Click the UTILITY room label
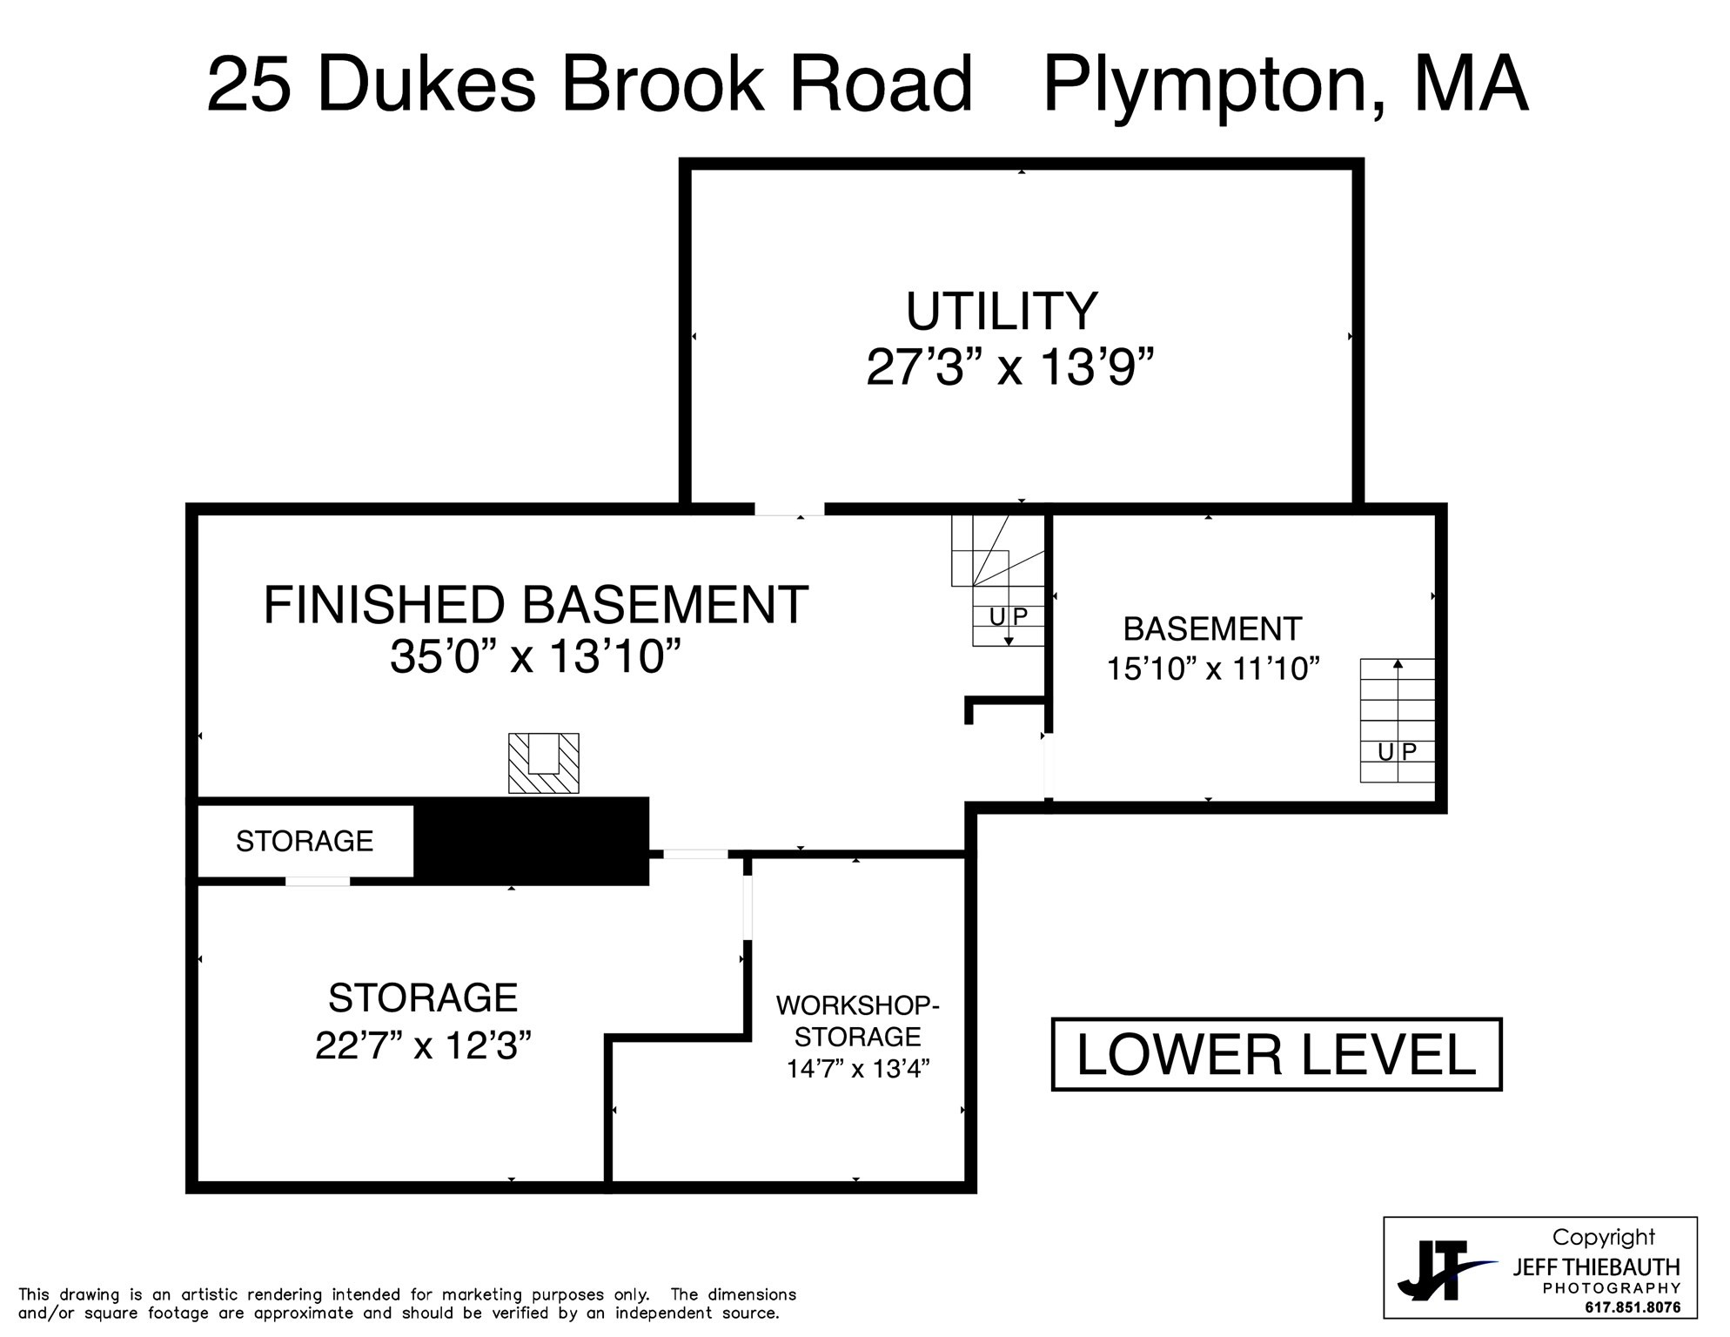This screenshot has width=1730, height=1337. [1002, 312]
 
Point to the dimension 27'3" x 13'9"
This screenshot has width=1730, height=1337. [1009, 367]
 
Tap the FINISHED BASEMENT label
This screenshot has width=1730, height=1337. [536, 605]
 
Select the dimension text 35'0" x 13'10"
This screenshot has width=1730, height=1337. [535, 656]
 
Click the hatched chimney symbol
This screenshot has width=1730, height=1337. [544, 763]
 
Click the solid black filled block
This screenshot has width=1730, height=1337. [531, 841]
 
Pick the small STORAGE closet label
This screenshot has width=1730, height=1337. [305, 841]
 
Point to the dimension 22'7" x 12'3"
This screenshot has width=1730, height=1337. [423, 1045]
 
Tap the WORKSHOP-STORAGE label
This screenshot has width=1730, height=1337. [857, 1020]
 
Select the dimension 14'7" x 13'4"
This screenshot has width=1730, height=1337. [858, 1068]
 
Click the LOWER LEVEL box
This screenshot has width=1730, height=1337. [1277, 1054]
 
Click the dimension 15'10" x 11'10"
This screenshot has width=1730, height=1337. [1213, 668]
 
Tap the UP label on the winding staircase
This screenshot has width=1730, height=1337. [1009, 616]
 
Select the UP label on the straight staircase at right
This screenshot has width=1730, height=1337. [1397, 751]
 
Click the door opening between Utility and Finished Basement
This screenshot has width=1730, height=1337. [789, 509]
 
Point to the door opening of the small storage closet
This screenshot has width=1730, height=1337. [318, 881]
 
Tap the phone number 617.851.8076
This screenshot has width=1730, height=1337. [1633, 1307]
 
